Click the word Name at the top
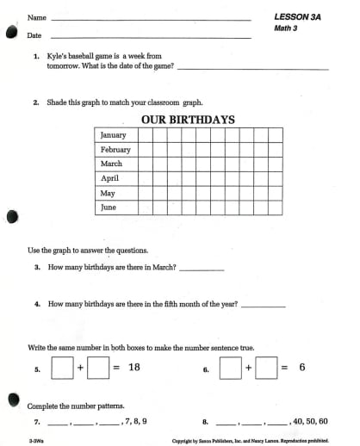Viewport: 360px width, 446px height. (x=36, y=17)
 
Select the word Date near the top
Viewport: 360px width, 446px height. (x=34, y=35)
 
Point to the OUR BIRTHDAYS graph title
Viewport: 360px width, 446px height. (x=187, y=120)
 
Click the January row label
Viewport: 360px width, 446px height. (x=113, y=135)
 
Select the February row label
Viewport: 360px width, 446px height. (x=115, y=150)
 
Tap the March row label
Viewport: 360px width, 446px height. (x=111, y=164)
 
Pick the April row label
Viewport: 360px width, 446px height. (x=109, y=178)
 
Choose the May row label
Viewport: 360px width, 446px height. (x=108, y=193)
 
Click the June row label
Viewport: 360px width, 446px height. (x=109, y=208)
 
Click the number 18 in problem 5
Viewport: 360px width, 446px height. (x=133, y=368)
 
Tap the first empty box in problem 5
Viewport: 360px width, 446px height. (x=62, y=368)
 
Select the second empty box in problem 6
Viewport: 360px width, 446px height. (x=266, y=368)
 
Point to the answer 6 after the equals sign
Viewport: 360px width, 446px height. (x=301, y=368)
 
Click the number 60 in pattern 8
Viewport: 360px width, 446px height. (x=322, y=422)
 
